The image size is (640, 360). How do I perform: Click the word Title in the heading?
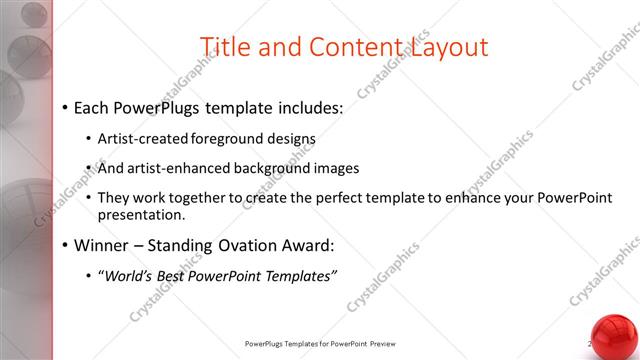coord(224,47)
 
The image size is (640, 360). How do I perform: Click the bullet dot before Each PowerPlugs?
coord(65,107)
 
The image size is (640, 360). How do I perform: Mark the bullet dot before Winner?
coord(65,245)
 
